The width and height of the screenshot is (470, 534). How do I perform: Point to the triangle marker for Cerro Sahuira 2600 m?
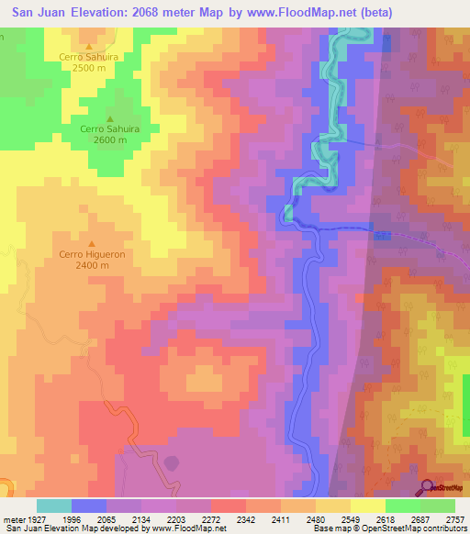click(109, 118)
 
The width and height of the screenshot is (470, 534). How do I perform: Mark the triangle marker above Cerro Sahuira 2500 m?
click(89, 46)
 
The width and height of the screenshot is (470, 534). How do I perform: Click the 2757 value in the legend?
click(454, 518)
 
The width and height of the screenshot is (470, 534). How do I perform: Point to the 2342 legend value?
click(245, 518)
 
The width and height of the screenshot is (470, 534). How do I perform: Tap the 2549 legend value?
click(350, 518)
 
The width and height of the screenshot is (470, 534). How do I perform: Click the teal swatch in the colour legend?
click(53, 506)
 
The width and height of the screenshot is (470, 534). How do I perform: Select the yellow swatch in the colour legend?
click(367, 506)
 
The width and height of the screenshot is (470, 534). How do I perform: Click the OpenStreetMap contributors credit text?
click(415, 528)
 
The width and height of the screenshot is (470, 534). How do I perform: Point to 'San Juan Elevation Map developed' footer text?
click(73, 528)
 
